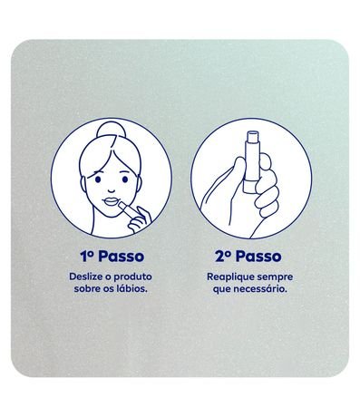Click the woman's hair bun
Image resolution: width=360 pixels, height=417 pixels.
pos(111,130)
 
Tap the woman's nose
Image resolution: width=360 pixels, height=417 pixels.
pos(112,190)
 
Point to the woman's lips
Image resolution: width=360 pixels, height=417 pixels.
pos(111,201)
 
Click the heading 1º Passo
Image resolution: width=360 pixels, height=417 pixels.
pos(112,257)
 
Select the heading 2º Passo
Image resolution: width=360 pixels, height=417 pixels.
pos(248,257)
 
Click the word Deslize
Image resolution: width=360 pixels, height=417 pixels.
pos(83,276)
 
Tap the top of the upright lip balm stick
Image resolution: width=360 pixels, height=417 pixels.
pos(253,132)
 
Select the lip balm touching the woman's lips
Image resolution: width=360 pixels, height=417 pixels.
pos(128,209)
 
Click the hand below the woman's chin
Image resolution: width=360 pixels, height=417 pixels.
pos(140,219)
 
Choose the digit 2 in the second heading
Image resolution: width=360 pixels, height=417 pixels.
pos(219,257)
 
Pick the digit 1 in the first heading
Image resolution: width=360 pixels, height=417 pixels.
pos(84,257)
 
